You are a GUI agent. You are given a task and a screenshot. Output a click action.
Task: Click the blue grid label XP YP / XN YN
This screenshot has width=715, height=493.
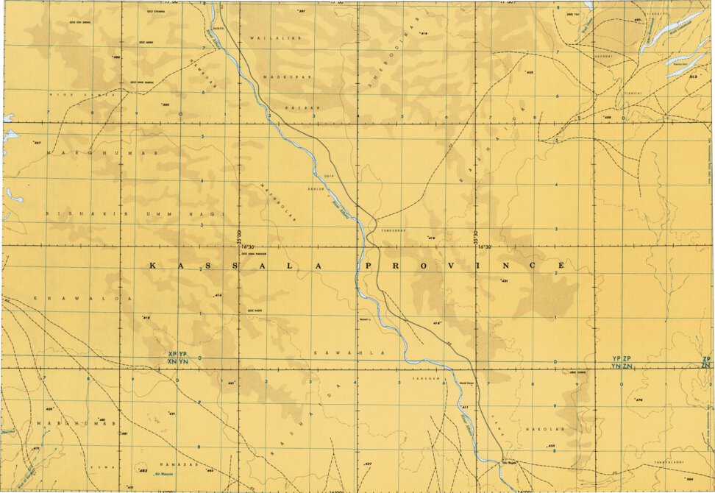coord(178,358)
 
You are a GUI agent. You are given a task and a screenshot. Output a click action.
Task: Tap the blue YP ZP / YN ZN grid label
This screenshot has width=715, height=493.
coord(622,362)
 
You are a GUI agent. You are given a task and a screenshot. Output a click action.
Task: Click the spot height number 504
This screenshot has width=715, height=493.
coord(689,480)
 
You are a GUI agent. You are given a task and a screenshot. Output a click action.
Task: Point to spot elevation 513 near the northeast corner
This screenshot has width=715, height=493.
coord(692,76)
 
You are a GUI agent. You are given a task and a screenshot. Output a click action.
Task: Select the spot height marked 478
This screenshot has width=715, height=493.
coord(638,400)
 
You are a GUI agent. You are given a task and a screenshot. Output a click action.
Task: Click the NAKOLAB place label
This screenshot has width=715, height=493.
coord(540,428)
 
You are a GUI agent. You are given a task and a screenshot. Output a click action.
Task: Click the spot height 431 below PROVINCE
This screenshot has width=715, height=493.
coord(505,281)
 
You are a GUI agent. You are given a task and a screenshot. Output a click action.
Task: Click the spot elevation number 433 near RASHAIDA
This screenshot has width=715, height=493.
coord(529,73)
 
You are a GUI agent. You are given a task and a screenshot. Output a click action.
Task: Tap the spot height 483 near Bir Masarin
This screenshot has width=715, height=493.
coord(143,470)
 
